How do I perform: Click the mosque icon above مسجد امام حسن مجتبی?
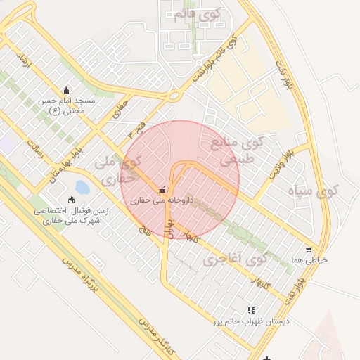tap(66, 90)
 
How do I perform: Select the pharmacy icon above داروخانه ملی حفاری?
tap(163, 190)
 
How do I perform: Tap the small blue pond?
tap(82, 187)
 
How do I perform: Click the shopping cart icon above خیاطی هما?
tap(308, 249)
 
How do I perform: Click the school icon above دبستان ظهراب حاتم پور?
tap(251, 310)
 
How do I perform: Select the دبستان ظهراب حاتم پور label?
tap(250, 321)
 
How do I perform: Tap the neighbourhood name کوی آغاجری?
tap(235, 259)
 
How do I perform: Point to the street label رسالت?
tap(34, 146)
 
